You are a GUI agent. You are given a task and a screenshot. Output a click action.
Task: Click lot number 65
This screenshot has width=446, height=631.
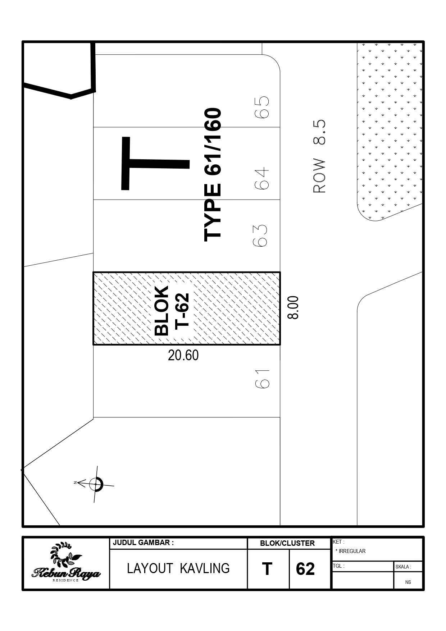click(262, 107)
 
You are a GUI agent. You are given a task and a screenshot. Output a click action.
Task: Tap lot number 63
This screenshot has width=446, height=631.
click(261, 236)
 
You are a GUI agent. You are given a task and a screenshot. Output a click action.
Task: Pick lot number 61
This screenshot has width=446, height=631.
click(262, 379)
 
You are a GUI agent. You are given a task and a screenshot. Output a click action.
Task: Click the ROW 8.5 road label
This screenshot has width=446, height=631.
click(319, 156)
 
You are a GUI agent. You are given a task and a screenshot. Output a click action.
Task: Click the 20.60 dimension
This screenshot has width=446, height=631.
click(183, 355)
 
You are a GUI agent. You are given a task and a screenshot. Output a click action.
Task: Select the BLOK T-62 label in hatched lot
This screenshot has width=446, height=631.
click(172, 311)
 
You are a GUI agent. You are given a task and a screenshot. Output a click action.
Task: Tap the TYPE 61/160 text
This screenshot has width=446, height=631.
click(213, 174)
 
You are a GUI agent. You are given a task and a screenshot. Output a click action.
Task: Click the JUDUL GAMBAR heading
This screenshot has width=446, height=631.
click(143, 543)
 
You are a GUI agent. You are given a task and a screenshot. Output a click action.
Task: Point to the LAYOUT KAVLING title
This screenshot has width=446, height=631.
click(178, 568)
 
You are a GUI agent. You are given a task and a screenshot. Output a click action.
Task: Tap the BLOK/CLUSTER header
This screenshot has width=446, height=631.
click(287, 543)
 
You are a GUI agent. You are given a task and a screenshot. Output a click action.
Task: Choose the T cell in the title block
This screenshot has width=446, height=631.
click(267, 569)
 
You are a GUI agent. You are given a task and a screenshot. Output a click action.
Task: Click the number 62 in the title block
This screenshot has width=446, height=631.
click(305, 569)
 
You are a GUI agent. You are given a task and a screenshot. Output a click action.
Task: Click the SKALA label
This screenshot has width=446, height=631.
click(403, 567)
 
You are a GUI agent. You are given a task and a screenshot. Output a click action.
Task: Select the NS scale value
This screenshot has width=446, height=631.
click(408, 582)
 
